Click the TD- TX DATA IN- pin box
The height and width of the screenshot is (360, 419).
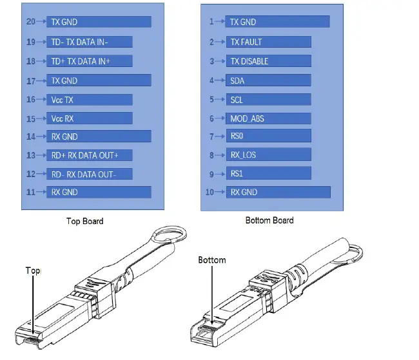pyautogui.click(x=90, y=42)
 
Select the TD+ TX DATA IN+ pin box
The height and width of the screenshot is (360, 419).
pyautogui.click(x=90, y=61)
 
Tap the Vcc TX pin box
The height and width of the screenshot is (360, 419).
pyautogui.click(x=90, y=100)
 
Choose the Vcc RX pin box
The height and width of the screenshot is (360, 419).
pyautogui.click(x=90, y=119)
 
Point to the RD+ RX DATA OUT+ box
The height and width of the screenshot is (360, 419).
pyautogui.click(x=90, y=155)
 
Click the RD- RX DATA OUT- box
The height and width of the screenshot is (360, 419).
pyautogui.click(x=90, y=174)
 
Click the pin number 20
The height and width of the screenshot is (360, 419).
pyautogui.click(x=30, y=22)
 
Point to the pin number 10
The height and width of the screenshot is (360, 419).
pyautogui.click(x=209, y=192)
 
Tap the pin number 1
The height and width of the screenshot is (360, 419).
pyautogui.click(x=211, y=22)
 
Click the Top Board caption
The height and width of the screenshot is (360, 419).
pyautogui.click(x=84, y=221)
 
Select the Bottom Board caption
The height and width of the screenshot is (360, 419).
pyautogui.click(x=269, y=220)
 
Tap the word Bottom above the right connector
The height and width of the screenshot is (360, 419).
pyautogui.click(x=212, y=260)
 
